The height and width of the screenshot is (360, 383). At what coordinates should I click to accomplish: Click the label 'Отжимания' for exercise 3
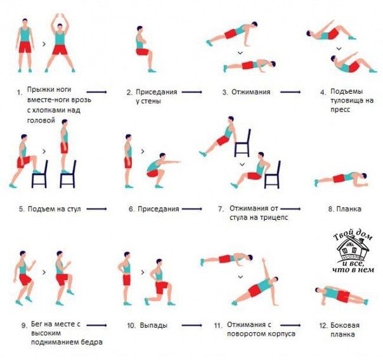251,92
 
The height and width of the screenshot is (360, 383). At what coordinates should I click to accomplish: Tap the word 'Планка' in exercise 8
349,209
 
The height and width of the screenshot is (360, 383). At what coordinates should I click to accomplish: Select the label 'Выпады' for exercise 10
153,325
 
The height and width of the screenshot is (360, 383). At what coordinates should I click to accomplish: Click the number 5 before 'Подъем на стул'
22,209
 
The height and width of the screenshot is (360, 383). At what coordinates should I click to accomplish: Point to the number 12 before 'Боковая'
323,326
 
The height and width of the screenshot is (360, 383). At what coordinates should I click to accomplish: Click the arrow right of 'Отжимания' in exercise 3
290,92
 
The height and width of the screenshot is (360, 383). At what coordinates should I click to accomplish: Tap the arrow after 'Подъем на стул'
97,209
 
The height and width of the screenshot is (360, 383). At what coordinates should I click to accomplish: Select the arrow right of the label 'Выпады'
191,325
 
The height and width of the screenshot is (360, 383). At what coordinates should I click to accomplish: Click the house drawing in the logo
353,249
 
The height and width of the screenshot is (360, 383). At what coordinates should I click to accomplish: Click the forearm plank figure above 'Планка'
341,179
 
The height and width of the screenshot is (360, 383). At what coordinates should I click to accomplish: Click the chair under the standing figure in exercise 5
68,174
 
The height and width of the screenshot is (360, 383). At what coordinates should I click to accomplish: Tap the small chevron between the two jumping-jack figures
44,44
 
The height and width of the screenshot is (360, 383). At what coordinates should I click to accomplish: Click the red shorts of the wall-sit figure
143,52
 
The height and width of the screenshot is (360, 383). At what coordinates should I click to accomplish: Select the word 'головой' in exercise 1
41,120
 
